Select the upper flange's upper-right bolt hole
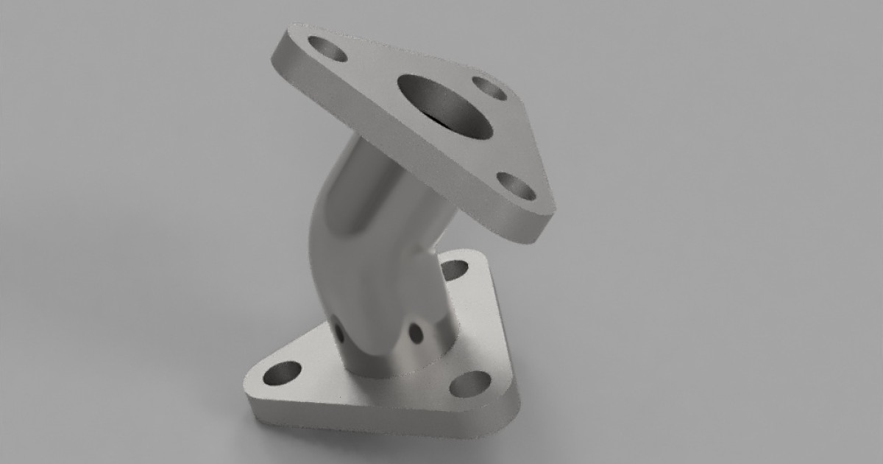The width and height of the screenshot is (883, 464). (x=489, y=88)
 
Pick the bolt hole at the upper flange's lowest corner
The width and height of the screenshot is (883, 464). (x=516, y=186)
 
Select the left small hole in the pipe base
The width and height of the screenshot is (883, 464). (x=339, y=331)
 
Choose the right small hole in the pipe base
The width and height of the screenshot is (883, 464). (x=416, y=333)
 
